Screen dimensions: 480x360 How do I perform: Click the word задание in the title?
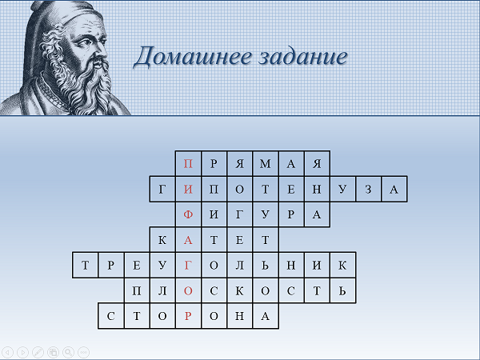tap(303, 57)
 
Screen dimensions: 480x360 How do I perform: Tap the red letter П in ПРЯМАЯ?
tap(188, 164)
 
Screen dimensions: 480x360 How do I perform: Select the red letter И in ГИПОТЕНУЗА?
tap(188, 190)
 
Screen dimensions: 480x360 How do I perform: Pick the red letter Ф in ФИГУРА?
tap(188, 214)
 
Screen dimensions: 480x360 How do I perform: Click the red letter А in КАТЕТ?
tap(188, 240)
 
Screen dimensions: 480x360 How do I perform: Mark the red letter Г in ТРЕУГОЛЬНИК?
tap(188, 265)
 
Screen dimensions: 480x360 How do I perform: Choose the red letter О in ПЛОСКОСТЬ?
tap(188, 290)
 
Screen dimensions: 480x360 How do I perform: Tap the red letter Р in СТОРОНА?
tap(188, 316)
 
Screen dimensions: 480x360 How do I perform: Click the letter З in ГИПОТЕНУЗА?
tap(368, 190)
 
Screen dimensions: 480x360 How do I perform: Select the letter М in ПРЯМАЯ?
tap(265, 164)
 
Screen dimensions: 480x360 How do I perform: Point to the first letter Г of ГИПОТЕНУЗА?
tap(162, 190)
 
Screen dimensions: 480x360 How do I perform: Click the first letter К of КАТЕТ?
tap(162, 240)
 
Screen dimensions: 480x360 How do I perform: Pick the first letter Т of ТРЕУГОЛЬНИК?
tap(85, 265)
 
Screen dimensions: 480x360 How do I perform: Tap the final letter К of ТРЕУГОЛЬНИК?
tap(342, 265)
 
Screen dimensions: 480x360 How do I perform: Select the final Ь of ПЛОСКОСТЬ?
tap(342, 290)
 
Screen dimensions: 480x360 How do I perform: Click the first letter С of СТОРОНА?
tap(111, 316)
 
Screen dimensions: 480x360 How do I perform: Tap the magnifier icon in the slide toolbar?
tap(69, 352)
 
